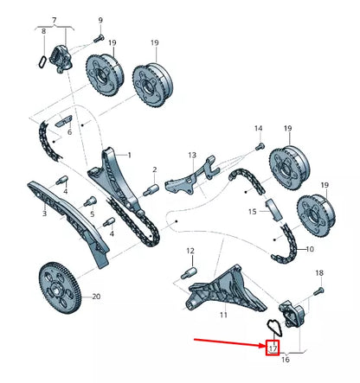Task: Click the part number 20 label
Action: click(96, 297)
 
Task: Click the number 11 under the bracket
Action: click(223, 316)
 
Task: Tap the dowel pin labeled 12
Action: click(186, 272)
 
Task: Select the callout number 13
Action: click(193, 155)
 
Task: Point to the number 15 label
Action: click(252, 210)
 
